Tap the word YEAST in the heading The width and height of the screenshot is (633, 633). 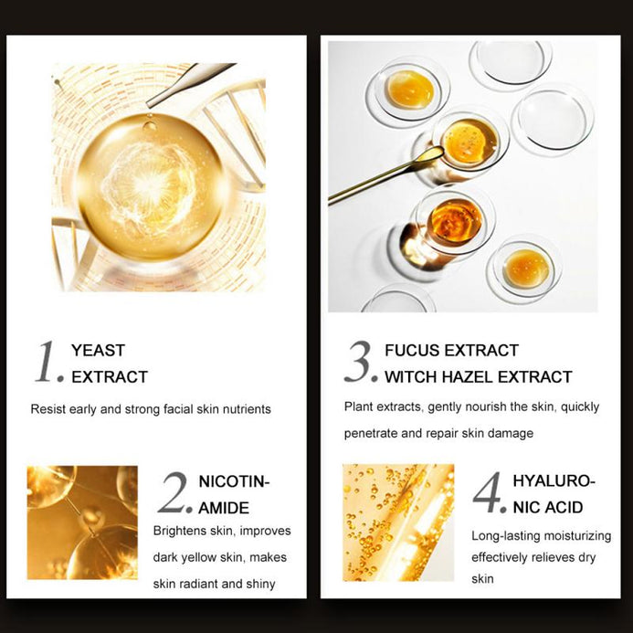[x=98, y=351]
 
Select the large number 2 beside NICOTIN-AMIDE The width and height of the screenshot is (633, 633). [x=174, y=492]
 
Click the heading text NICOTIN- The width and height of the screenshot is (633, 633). [x=234, y=481]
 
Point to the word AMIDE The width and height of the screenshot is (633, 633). [x=224, y=508]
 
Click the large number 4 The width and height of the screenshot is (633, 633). [x=488, y=492]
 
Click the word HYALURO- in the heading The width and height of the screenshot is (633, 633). [x=554, y=480]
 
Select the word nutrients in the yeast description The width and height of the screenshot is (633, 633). [x=247, y=409]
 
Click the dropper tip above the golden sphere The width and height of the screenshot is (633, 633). [x=149, y=104]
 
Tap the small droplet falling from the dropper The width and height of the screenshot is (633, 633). [x=150, y=125]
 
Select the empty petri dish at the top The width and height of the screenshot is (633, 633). [x=511, y=64]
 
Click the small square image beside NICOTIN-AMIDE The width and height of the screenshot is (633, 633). [x=82, y=522]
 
